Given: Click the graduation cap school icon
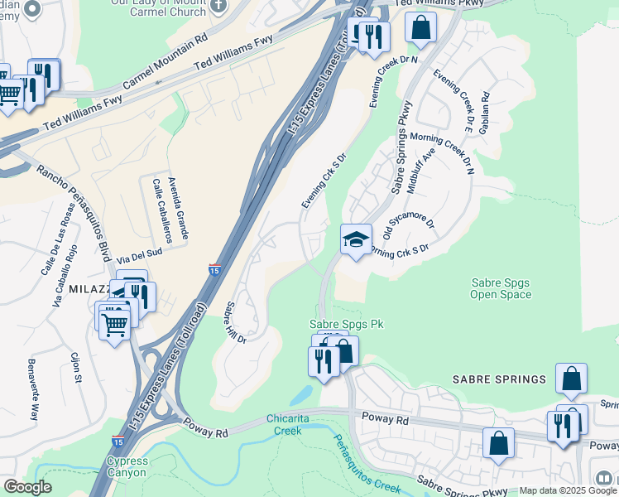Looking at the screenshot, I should click(x=356, y=239).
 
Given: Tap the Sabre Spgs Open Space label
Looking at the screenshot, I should click(x=500, y=288).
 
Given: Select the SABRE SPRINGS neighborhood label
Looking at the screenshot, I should click(x=498, y=379).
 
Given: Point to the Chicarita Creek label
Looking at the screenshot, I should click(x=287, y=424).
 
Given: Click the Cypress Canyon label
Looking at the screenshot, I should click(x=127, y=466).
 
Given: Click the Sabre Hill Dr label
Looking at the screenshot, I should click(x=237, y=323).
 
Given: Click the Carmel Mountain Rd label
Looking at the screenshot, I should click(x=166, y=63).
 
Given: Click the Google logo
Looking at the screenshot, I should click(x=27, y=488).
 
